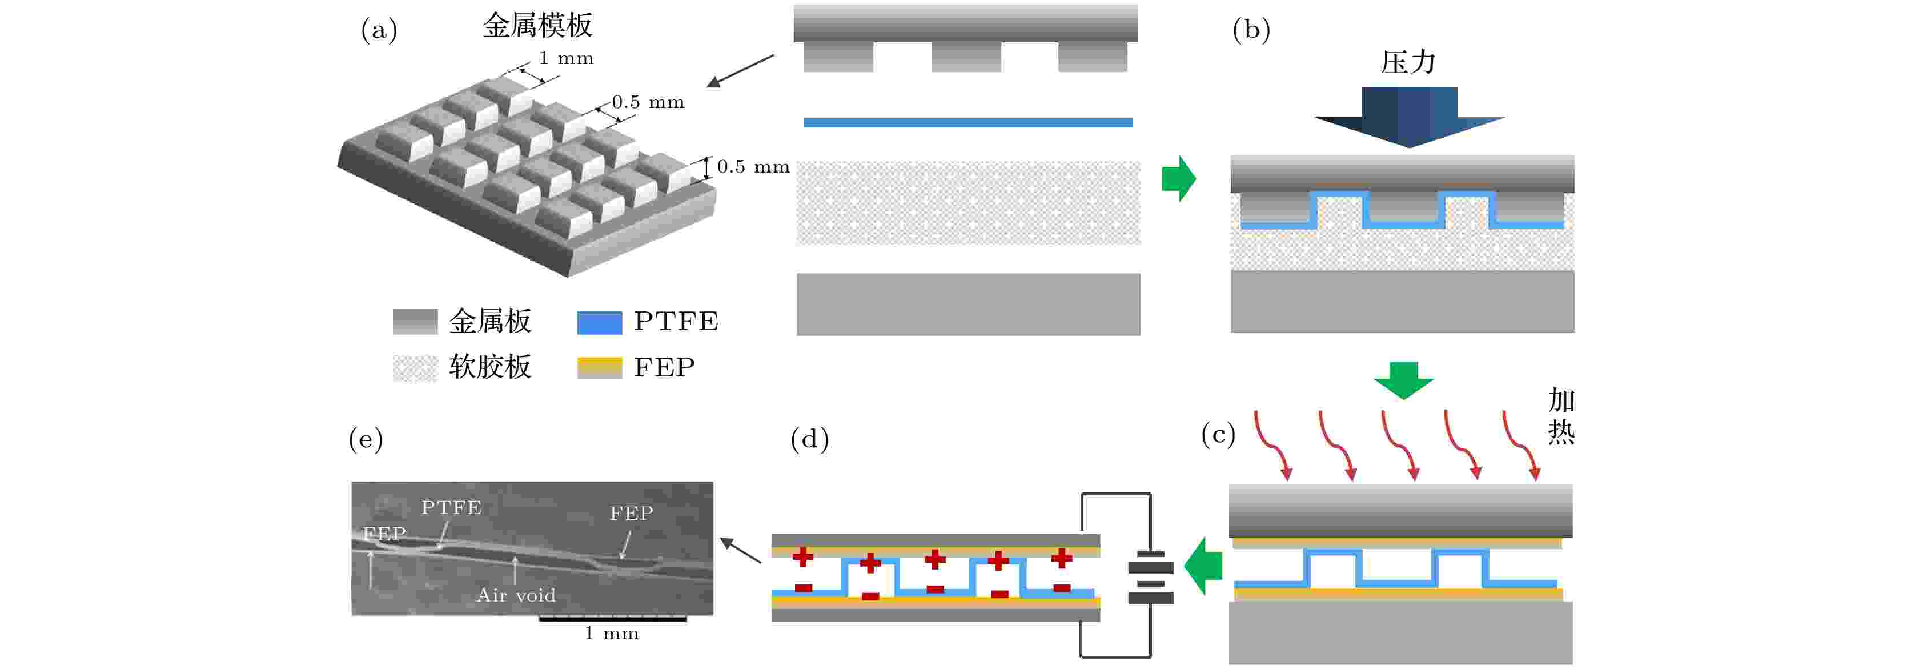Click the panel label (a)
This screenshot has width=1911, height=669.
click(x=379, y=30)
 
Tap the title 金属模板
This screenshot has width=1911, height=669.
click(x=538, y=25)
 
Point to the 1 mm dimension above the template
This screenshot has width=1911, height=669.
click(x=566, y=58)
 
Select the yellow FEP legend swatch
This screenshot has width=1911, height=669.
click(x=600, y=368)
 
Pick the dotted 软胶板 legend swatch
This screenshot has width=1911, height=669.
click(x=415, y=368)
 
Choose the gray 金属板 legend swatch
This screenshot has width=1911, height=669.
click(x=415, y=322)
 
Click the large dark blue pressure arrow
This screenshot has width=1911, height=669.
click(x=1410, y=117)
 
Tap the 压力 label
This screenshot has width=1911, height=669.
click(x=1408, y=62)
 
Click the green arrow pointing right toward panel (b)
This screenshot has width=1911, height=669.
click(x=1179, y=179)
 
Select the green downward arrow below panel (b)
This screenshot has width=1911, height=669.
click(x=1404, y=380)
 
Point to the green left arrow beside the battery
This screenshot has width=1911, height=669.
click(x=1203, y=567)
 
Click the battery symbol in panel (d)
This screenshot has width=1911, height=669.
click(x=1151, y=576)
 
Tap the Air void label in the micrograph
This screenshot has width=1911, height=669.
click(x=516, y=595)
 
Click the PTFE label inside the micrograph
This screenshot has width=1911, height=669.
click(x=452, y=507)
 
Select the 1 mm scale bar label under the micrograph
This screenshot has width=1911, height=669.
click(x=611, y=634)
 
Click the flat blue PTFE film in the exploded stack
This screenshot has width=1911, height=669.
click(x=968, y=122)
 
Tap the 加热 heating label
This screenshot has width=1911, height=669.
click(x=1561, y=416)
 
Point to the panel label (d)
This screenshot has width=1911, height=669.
click(x=809, y=439)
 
